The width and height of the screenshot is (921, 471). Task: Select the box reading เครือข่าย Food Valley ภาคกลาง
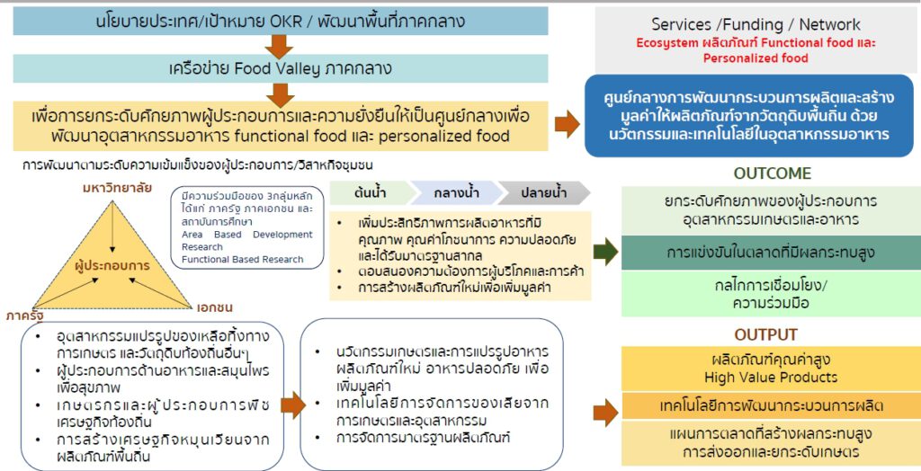tap(280, 68)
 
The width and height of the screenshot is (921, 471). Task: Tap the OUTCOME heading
tap(772, 173)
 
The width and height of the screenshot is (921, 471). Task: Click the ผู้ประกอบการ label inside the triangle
tap(112, 266)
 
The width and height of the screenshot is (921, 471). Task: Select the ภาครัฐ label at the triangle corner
tap(25, 315)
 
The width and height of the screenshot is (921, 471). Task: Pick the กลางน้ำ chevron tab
tap(455, 193)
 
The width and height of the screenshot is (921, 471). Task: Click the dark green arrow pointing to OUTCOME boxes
tap(606, 253)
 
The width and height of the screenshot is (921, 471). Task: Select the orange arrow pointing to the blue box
tap(567, 124)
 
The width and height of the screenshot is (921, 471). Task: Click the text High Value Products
tap(771, 377)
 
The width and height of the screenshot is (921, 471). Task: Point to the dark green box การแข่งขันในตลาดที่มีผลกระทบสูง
tap(771, 253)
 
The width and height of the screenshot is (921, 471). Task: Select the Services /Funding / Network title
tap(756, 25)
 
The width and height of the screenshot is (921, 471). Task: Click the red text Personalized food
tap(756, 58)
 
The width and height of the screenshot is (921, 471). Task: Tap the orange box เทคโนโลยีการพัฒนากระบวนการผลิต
tap(771, 405)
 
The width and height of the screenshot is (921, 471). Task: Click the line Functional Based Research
tap(242, 260)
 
